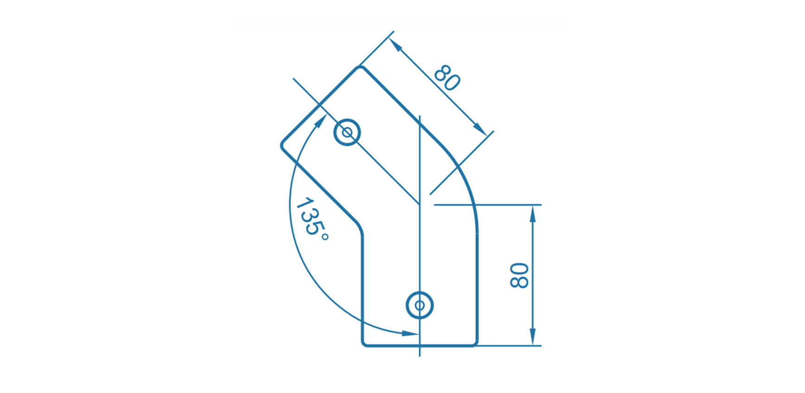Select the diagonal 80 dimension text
pyautogui.click(x=447, y=78)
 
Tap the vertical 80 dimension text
pyautogui.click(x=519, y=276)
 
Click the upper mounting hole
pyautogui.click(x=347, y=133)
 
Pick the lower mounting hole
pyautogui.click(x=420, y=305)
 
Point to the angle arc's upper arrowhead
pyautogui.click(x=321, y=121)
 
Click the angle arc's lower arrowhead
pyautogui.click(x=410, y=333)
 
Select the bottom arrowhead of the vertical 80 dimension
pyautogui.click(x=532, y=337)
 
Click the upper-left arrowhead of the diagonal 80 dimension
pyautogui.click(x=395, y=44)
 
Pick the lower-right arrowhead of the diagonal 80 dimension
pyautogui.click(x=480, y=128)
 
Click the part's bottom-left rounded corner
pyautogui.click(x=364, y=343)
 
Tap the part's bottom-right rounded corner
pyautogui.click(x=475, y=343)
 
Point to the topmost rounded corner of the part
pyautogui.click(x=360, y=68)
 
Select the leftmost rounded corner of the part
pyautogui.click(x=282, y=146)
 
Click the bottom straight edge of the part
pyautogui.click(x=420, y=345)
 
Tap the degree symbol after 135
pyautogui.click(x=325, y=237)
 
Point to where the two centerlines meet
pyautogui.click(x=420, y=204)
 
